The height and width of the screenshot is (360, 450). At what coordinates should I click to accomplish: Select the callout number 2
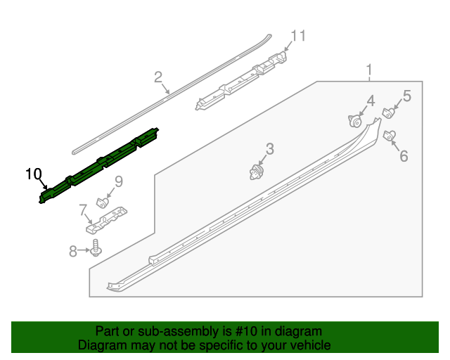click(158, 77)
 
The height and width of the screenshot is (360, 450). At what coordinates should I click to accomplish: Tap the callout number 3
click(269, 148)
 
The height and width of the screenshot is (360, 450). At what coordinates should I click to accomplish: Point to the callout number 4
click(370, 101)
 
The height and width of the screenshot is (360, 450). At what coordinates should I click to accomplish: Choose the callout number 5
click(406, 96)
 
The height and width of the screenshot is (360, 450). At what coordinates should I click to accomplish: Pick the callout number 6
click(404, 155)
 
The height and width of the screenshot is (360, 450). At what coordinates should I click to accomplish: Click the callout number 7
click(83, 209)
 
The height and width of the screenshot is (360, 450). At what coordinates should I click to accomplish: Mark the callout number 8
click(72, 250)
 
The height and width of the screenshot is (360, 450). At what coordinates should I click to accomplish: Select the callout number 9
click(118, 182)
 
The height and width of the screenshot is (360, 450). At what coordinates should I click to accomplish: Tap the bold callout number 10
click(34, 174)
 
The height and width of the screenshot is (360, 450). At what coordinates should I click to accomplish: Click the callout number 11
click(299, 36)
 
